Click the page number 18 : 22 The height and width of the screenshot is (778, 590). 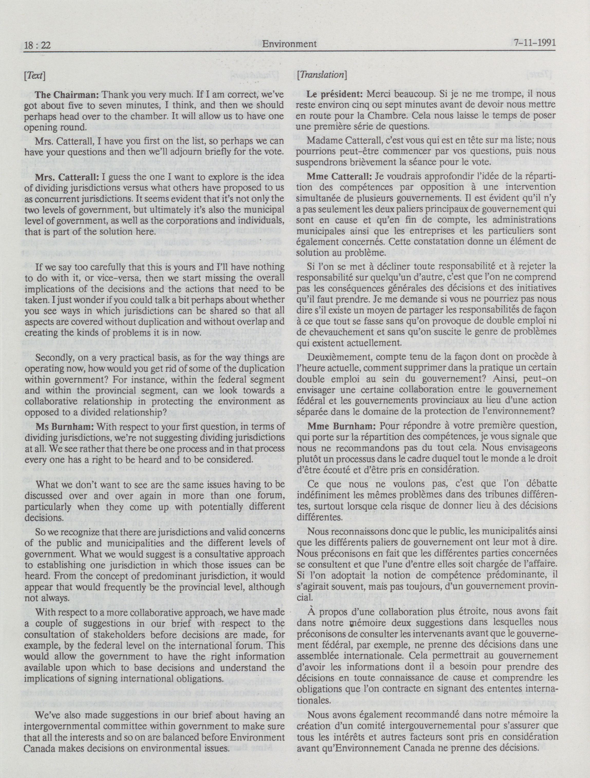(38, 45)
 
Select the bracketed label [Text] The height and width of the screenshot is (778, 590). (34, 76)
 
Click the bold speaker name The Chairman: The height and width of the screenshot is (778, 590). (68, 95)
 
